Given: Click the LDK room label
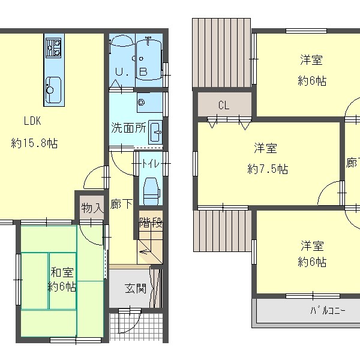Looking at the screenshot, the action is pyautogui.click(x=32, y=121).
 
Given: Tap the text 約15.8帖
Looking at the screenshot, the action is pyautogui.click(x=34, y=143).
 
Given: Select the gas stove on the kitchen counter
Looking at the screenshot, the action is pyautogui.click(x=53, y=48).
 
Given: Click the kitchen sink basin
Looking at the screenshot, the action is pyautogui.click(x=53, y=90).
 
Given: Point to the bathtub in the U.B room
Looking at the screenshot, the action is pyautogui.click(x=148, y=59).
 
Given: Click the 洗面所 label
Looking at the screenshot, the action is pyautogui.click(x=128, y=128).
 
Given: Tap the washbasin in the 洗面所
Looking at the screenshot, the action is pyautogui.click(x=155, y=132).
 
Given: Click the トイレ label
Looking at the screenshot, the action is pyautogui.click(x=151, y=164).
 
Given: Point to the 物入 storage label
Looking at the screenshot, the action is pyautogui.click(x=92, y=208).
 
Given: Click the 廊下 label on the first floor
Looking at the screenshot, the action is pyautogui.click(x=121, y=204).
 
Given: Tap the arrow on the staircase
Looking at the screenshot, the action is pyautogui.click(x=143, y=252).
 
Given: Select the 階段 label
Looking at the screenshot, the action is pyautogui.click(x=151, y=222).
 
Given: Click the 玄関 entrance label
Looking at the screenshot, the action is pyautogui.click(x=136, y=289).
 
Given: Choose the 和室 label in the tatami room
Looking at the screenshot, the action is pyautogui.click(x=62, y=272).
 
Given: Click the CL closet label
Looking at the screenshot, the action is pyautogui.click(x=224, y=106).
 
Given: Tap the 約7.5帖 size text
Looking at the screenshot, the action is pyautogui.click(x=268, y=169).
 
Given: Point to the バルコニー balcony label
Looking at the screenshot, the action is pyautogui.click(x=328, y=311).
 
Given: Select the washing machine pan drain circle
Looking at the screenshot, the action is pyautogui.click(x=141, y=102).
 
